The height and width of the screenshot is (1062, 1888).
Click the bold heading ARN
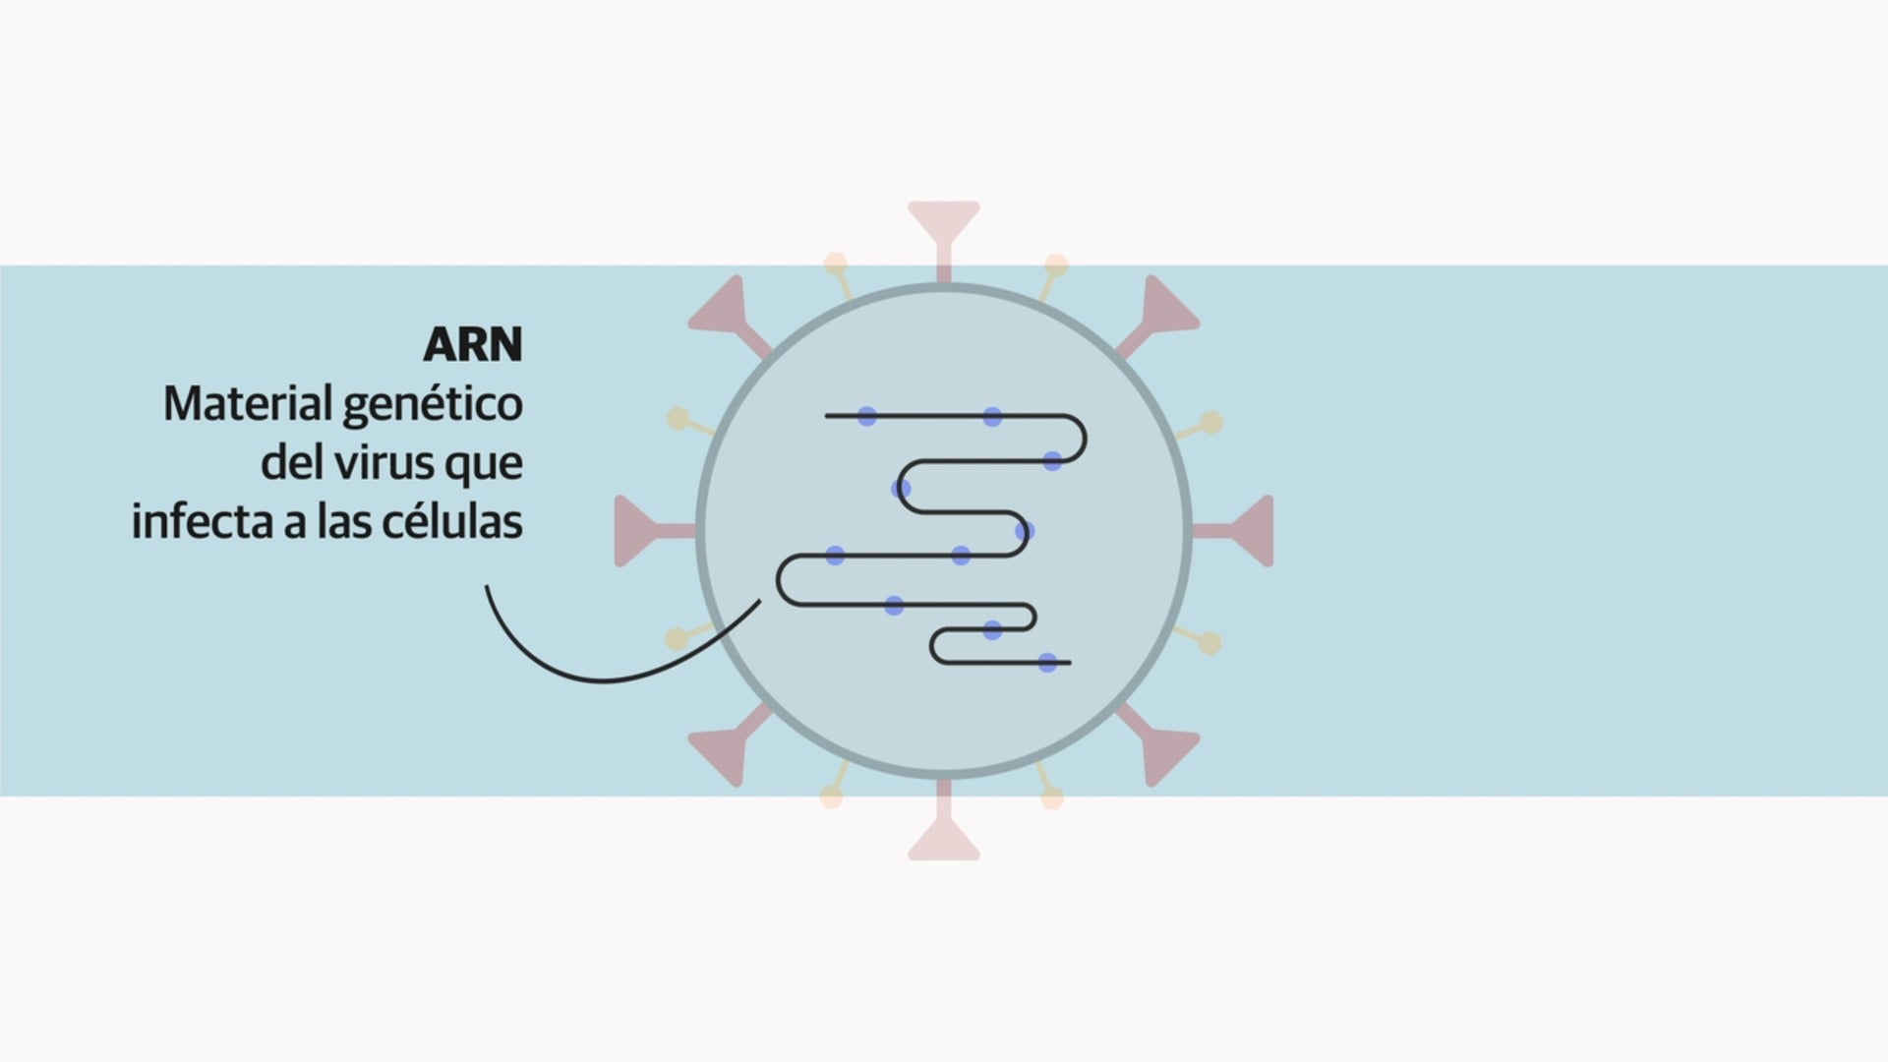tap(473, 345)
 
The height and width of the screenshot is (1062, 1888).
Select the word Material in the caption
tap(248, 404)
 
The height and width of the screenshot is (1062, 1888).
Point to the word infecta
tap(202, 521)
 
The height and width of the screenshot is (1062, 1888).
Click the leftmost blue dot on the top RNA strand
tap(866, 416)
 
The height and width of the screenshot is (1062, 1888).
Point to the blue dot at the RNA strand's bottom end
tap(1048, 663)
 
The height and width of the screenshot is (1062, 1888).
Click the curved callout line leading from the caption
tap(600, 678)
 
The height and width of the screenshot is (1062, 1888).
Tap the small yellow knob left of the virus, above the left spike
tap(678, 419)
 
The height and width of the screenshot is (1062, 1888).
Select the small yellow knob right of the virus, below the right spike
tap(1209, 643)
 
